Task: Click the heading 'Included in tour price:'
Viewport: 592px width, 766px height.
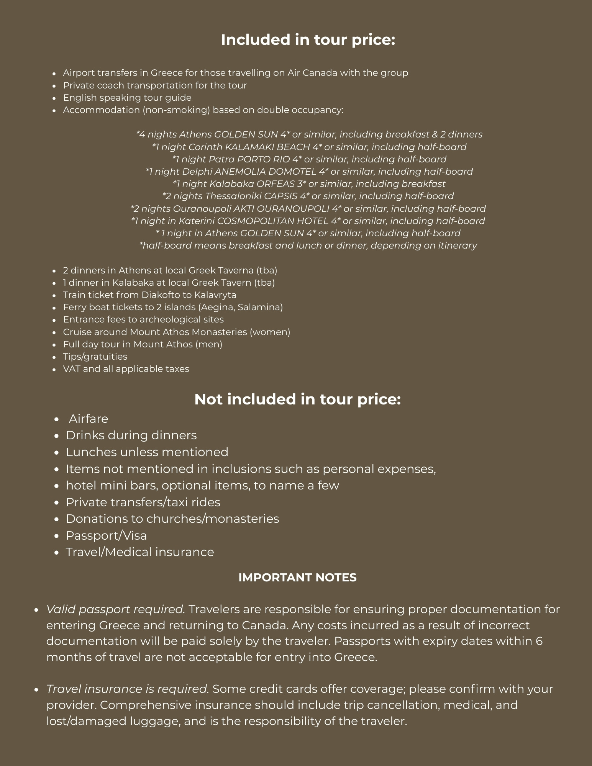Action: coord(308,40)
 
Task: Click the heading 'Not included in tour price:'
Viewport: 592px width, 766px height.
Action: coord(297,399)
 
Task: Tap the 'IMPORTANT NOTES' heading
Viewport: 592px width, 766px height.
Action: coord(297,577)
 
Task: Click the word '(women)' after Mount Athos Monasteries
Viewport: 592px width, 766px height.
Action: coord(270,332)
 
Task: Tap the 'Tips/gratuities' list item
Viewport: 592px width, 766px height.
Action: coord(95,357)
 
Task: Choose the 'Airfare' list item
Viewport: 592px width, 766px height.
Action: coord(89,419)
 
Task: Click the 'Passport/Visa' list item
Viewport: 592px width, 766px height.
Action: coord(106,535)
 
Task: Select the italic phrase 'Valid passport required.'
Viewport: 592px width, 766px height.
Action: coord(116,609)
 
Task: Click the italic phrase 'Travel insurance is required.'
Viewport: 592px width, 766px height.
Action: coord(128,689)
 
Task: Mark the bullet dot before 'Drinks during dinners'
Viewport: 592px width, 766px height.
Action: coord(57,436)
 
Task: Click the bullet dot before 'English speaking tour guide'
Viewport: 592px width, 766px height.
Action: coord(54,98)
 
